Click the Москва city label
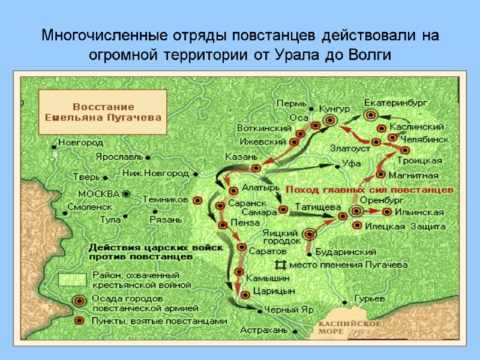100,194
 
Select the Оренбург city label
378,200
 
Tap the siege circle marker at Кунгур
329,121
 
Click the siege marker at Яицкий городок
310,235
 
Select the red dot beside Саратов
242,247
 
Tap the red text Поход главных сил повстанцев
368,189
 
